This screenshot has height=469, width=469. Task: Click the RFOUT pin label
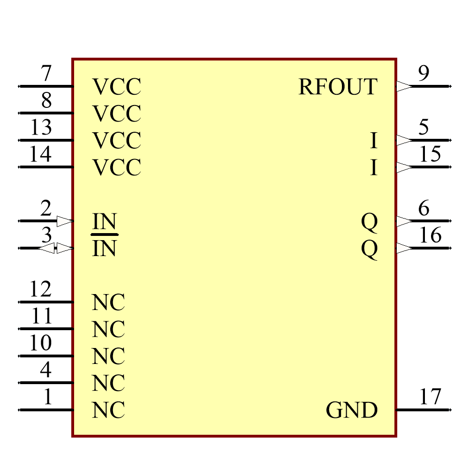pyautogui.click(x=338, y=87)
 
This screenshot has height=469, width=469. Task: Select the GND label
pyautogui.click(x=352, y=410)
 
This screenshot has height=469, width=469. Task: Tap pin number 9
pyautogui.click(x=424, y=74)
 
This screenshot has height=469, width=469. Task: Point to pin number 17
pyautogui.click(x=430, y=397)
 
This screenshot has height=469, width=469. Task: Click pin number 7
pyautogui.click(x=46, y=74)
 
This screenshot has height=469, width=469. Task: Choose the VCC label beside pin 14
pyautogui.click(x=117, y=167)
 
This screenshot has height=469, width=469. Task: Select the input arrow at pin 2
pyautogui.click(x=64, y=221)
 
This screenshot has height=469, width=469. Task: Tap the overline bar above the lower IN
pyautogui.click(x=105, y=234)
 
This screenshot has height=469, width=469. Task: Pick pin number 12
pyautogui.click(x=41, y=289)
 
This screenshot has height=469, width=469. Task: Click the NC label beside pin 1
pyautogui.click(x=108, y=410)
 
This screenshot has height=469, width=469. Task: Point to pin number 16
pyautogui.click(x=430, y=235)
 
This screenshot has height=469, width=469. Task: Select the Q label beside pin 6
pyautogui.click(x=369, y=222)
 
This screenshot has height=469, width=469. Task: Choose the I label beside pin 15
pyautogui.click(x=374, y=167)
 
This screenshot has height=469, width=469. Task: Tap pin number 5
pyautogui.click(x=424, y=127)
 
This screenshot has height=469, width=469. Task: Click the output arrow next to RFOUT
pyautogui.click(x=404, y=86)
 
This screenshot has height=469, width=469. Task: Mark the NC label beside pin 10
pyautogui.click(x=108, y=356)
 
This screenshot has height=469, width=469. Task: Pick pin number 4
pyautogui.click(x=45, y=371)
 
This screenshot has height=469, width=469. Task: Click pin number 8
pyautogui.click(x=46, y=100)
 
